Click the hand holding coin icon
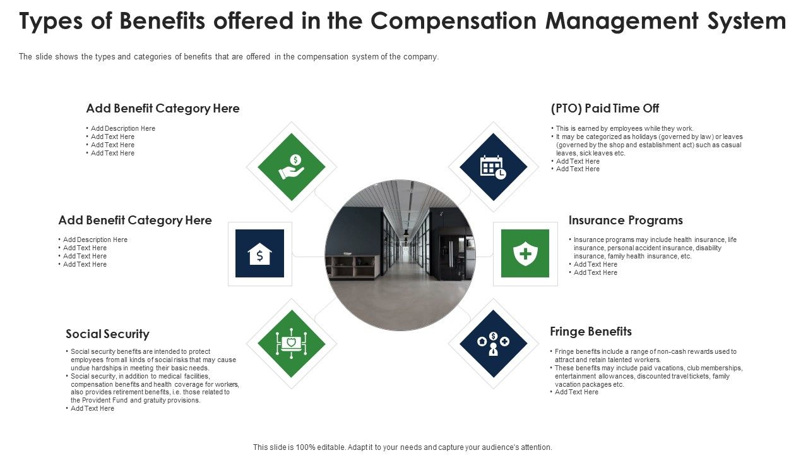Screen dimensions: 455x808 292,167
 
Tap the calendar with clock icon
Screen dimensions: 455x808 493,167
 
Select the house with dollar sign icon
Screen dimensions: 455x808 259,253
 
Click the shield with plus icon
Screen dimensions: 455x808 525,253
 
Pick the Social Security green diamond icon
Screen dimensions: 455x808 292,343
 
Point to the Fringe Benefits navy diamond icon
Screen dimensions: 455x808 493,343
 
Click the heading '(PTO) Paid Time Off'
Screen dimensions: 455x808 605,108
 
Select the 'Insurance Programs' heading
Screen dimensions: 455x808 626,220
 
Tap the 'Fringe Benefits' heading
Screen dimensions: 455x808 591,331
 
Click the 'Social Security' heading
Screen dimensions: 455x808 107,334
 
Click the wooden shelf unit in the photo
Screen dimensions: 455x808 353,267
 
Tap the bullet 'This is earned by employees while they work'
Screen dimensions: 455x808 624,128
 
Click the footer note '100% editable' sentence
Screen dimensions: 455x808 403,447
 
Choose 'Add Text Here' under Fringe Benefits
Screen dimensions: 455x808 576,392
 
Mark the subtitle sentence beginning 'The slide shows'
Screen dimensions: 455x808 229,56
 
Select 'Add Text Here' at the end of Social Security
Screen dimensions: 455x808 92,408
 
